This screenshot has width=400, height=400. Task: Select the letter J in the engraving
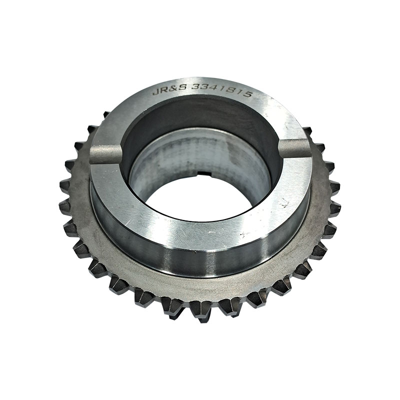[x=155, y=91]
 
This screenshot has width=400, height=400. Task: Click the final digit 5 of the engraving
[x=247, y=93]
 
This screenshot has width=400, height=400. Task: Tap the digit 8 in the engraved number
[x=231, y=90]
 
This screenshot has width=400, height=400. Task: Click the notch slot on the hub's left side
[x=106, y=154]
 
